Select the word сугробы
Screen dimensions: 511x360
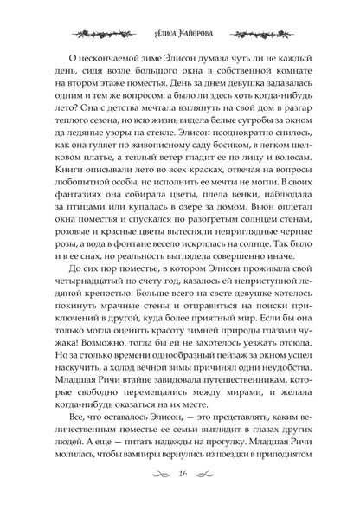pos(244,116)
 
